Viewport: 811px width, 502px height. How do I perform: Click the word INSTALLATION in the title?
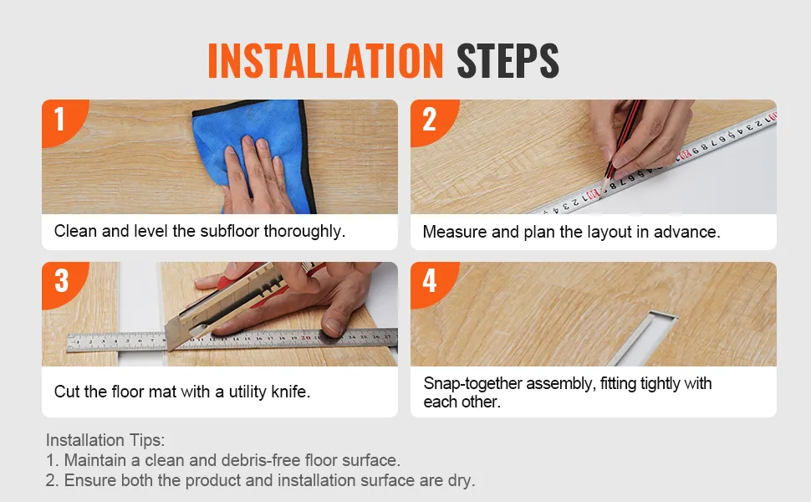325,60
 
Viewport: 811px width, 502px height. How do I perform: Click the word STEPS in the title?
508,60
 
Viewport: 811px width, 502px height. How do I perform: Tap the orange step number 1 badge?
61,121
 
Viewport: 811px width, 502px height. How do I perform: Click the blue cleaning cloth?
253,150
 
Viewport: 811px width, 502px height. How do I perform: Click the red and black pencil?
623,140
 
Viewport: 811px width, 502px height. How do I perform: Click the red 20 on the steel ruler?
306,338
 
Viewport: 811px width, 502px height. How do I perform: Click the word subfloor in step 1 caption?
230,231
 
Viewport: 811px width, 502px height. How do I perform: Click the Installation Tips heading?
105,440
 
